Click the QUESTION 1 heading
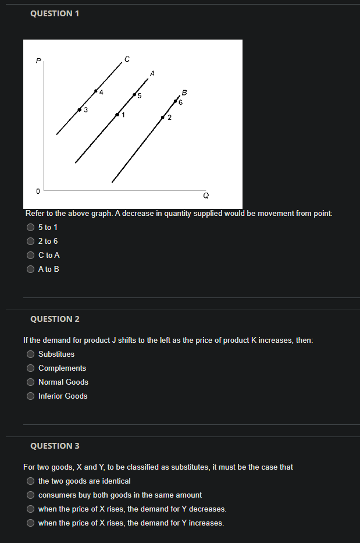(x=54, y=14)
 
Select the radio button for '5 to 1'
(x=30, y=227)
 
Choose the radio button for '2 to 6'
(x=30, y=241)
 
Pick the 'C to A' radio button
(x=30, y=255)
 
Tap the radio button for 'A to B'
(x=30, y=269)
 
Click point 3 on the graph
(x=80, y=109)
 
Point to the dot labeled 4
(x=96, y=91)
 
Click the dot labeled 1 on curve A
(x=117, y=115)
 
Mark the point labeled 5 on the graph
(x=134, y=94)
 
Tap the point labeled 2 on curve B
(x=163, y=118)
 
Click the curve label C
(x=127, y=59)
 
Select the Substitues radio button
(x=30, y=354)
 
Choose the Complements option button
(x=30, y=368)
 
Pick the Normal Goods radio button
(x=30, y=382)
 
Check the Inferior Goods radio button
(x=30, y=396)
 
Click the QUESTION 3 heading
(x=55, y=446)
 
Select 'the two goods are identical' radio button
(x=30, y=481)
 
